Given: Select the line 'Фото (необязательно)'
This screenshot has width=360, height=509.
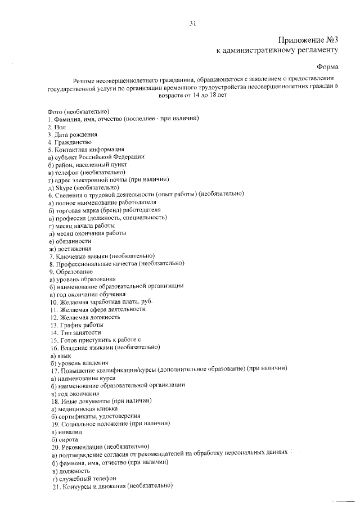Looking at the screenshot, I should [x=78, y=111].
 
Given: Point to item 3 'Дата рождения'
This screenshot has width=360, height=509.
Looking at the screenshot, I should [x=73, y=135].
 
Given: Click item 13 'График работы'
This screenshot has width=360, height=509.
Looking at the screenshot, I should [x=74, y=325].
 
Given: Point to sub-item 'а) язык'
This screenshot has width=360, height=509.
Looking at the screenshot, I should [x=60, y=355].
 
